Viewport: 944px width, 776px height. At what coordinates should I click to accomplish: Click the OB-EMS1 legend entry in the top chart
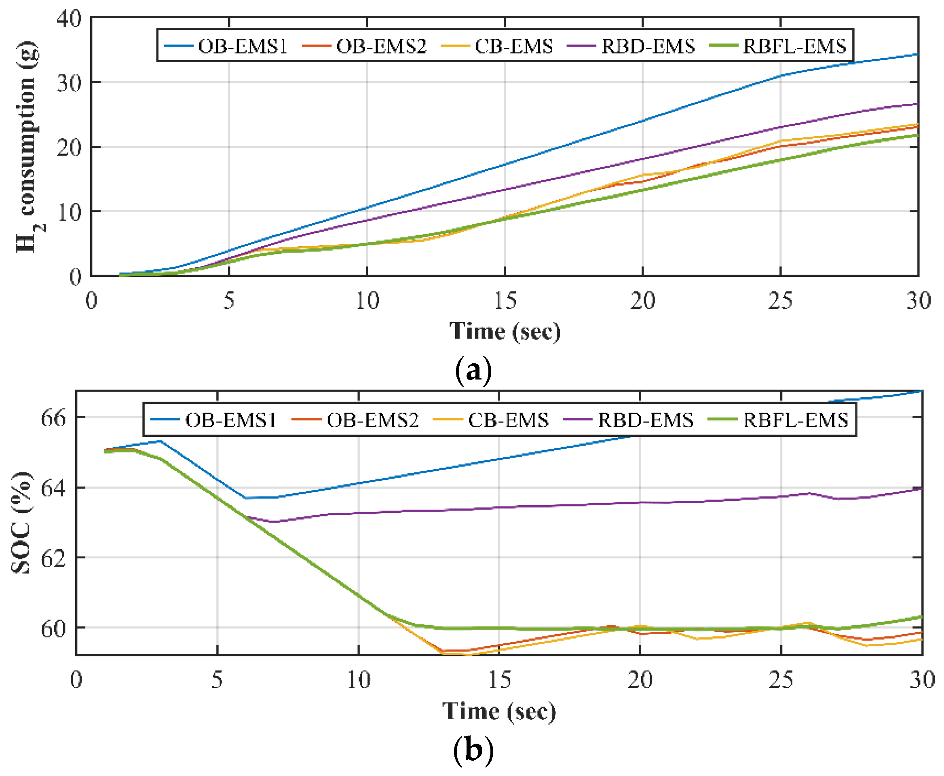[226, 46]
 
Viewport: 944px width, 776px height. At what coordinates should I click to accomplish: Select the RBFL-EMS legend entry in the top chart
[778, 46]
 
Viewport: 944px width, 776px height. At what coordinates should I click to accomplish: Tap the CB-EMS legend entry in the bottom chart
[492, 420]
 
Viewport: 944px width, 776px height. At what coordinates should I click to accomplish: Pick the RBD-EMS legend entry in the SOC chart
[629, 420]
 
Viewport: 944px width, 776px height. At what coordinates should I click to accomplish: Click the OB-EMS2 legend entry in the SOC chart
[355, 420]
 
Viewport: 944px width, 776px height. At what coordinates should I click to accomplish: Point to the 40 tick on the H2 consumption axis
[69, 19]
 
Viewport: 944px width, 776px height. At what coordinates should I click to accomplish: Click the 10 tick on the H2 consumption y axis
[69, 212]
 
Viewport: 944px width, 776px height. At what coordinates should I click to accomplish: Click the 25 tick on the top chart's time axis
[780, 300]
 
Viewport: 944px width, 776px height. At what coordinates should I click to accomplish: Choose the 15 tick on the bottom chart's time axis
[499, 680]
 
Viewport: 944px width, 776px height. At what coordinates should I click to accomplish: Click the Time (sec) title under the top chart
[505, 332]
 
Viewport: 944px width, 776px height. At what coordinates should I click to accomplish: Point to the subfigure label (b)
[473, 750]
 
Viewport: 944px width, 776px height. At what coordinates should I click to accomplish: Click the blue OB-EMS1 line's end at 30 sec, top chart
[918, 55]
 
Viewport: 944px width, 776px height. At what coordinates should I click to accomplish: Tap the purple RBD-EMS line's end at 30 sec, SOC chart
[921, 489]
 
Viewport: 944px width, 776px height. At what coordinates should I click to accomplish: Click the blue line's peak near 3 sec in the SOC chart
[161, 441]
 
